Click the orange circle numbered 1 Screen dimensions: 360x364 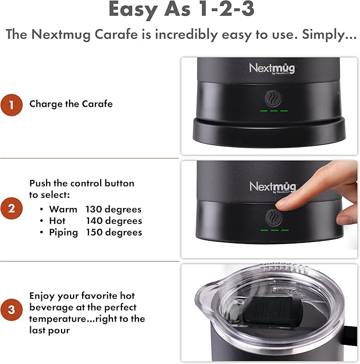pyautogui.click(x=11, y=105)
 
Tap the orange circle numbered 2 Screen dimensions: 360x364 pyautogui.click(x=11, y=209)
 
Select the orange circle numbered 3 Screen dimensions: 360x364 pyautogui.click(x=11, y=310)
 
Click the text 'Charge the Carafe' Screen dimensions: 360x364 pyautogui.click(x=71, y=104)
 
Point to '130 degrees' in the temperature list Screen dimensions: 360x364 pyautogui.click(x=113, y=210)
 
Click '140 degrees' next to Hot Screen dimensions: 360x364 pyautogui.click(x=114, y=221)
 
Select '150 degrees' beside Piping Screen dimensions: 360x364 pyautogui.click(x=114, y=232)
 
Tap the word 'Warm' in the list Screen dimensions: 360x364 pyautogui.click(x=63, y=210)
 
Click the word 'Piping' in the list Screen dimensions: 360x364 pyautogui.click(x=63, y=232)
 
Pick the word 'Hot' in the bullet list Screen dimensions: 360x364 pyautogui.click(x=57, y=221)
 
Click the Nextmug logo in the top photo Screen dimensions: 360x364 pyautogui.click(x=272, y=68)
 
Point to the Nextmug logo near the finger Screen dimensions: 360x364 pyautogui.click(x=273, y=187)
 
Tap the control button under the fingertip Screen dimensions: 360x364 pyautogui.click(x=274, y=218)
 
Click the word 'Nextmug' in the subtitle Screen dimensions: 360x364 pyautogui.click(x=61, y=34)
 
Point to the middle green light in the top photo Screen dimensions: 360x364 pyautogui.click(x=274, y=111)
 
